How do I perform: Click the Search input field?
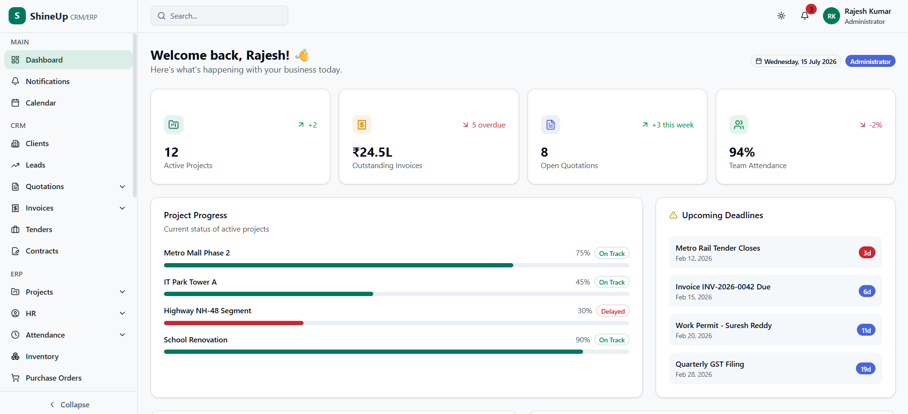219,16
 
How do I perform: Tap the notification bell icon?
805,16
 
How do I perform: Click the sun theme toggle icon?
781,16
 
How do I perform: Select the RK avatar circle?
832,16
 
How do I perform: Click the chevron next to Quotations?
122,187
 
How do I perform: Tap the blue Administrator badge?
870,62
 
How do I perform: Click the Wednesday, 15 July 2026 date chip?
796,62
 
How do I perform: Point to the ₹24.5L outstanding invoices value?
372,152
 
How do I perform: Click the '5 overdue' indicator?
484,125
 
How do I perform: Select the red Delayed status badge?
613,311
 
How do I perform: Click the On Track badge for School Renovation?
612,340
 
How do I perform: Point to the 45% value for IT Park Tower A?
583,282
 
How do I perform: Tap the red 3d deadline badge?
867,253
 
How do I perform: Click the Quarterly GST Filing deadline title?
710,364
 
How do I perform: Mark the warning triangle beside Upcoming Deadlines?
673,215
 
